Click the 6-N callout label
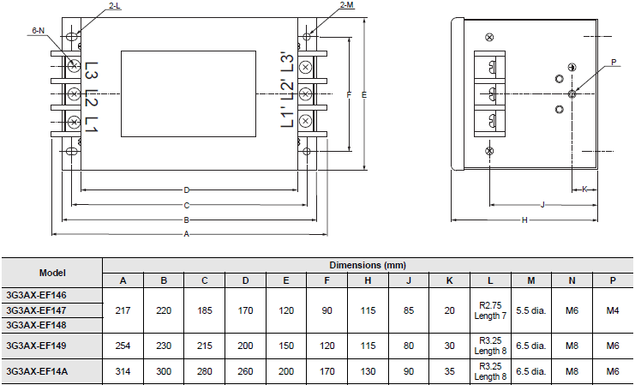coord(38,30)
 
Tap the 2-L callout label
coord(115,6)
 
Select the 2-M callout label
coord(347,4)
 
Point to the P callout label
coord(614,62)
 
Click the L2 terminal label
coord(92,97)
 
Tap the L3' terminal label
coord(287,62)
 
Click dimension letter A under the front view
coord(186,234)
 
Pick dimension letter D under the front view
coord(186,189)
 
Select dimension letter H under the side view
coord(524,220)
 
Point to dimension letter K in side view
coord(584,189)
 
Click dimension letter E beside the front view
coord(364,95)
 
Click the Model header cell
coord(52,273)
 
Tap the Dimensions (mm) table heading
coord(368,265)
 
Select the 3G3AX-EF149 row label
coord(36,346)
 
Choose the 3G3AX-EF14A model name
coord(37,371)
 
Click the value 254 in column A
coord(123,346)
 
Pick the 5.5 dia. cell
coord(531,311)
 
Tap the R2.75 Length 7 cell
coord(490,310)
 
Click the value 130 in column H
coord(368,371)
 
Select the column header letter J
coord(409,280)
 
